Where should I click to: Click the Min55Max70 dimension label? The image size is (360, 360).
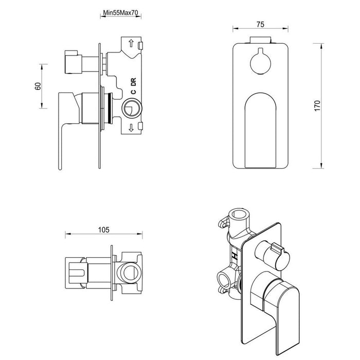[x=120, y=15]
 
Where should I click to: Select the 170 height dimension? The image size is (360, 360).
[x=317, y=105]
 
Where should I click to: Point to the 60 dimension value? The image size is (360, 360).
[x=38, y=86]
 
